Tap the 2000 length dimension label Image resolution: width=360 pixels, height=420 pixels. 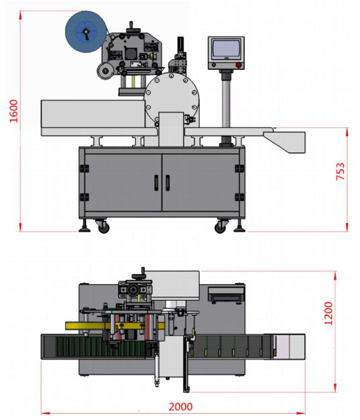(180, 406)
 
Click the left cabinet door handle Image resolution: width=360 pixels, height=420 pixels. (156, 181)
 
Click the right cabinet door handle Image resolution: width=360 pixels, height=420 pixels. (167, 181)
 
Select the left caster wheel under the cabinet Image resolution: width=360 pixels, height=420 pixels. (103, 227)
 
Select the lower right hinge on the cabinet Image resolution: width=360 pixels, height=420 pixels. (239, 197)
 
